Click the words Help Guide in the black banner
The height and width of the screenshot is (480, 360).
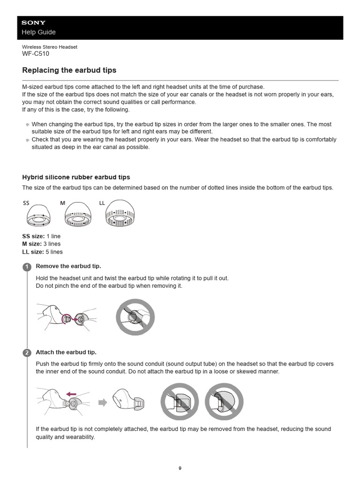pyautogui.click(x=39, y=32)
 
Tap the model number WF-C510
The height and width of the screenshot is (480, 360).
pyautogui.click(x=36, y=53)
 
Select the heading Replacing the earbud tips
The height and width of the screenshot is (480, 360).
pyautogui.click(x=69, y=70)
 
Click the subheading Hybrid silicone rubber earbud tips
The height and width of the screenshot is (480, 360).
pyautogui.click(x=76, y=177)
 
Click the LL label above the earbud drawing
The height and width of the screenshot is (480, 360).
pyautogui.click(x=102, y=203)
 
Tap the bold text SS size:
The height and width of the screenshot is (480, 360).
pyautogui.click(x=34, y=236)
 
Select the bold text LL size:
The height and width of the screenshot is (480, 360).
pyautogui.click(x=33, y=252)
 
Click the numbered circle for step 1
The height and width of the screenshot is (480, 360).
pyautogui.click(x=27, y=267)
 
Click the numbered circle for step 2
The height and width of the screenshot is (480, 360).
pyautogui.click(x=27, y=352)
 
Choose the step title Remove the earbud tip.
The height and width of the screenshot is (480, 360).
pyautogui.click(x=68, y=266)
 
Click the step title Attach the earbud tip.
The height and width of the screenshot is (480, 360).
pyautogui.click(x=66, y=352)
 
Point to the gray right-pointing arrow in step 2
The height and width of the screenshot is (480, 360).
pyautogui.click(x=103, y=402)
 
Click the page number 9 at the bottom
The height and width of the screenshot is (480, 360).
pyautogui.click(x=180, y=467)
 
